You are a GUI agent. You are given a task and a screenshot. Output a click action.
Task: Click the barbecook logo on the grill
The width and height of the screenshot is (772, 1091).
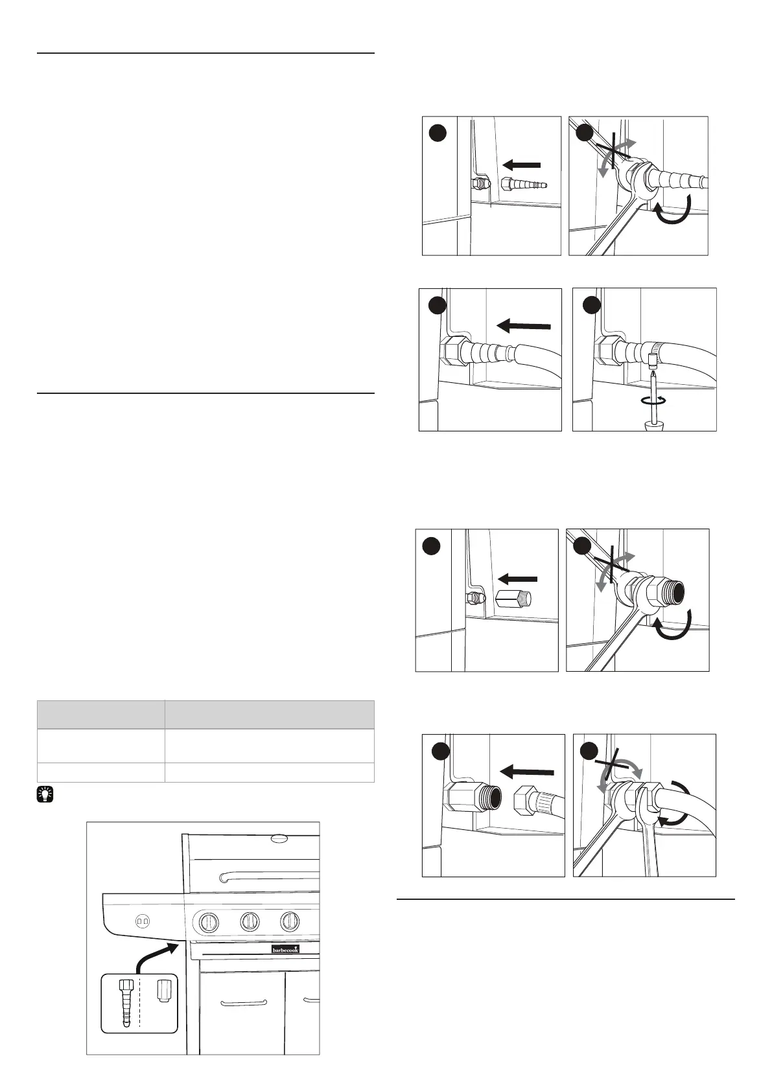click(285, 949)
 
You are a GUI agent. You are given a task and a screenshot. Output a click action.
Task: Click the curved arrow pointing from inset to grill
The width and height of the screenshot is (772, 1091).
click(156, 957)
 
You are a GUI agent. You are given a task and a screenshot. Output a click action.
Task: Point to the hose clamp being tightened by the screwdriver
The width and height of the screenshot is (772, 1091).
click(654, 352)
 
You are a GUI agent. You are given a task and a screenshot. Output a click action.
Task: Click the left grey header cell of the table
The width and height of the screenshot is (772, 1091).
click(100, 714)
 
